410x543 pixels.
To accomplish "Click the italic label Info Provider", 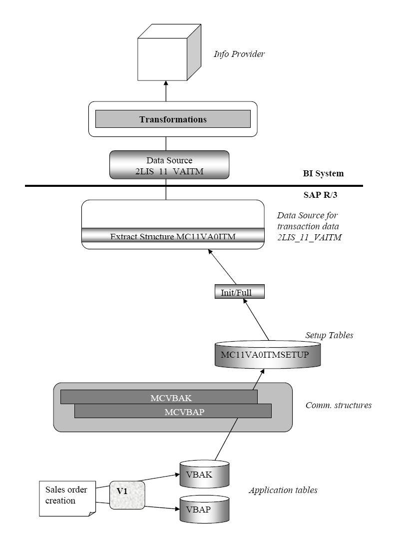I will (x=239, y=54).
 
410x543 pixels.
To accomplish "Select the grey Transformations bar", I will (x=173, y=119).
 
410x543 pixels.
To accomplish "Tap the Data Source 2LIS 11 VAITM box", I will (x=169, y=165).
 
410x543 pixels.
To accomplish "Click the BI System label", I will (x=323, y=174).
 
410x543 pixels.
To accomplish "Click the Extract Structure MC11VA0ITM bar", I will (x=173, y=236).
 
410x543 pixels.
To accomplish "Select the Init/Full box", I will (x=236, y=292).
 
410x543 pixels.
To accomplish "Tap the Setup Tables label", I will (x=329, y=335).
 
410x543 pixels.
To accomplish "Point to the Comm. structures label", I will (x=338, y=405).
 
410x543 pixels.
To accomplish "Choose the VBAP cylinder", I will (x=204, y=510).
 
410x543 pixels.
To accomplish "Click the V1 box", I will (x=127, y=495).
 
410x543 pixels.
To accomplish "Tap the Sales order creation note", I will (x=65, y=498).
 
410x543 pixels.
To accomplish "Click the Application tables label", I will (x=283, y=490).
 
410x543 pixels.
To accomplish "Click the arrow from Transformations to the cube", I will (x=166, y=92).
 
